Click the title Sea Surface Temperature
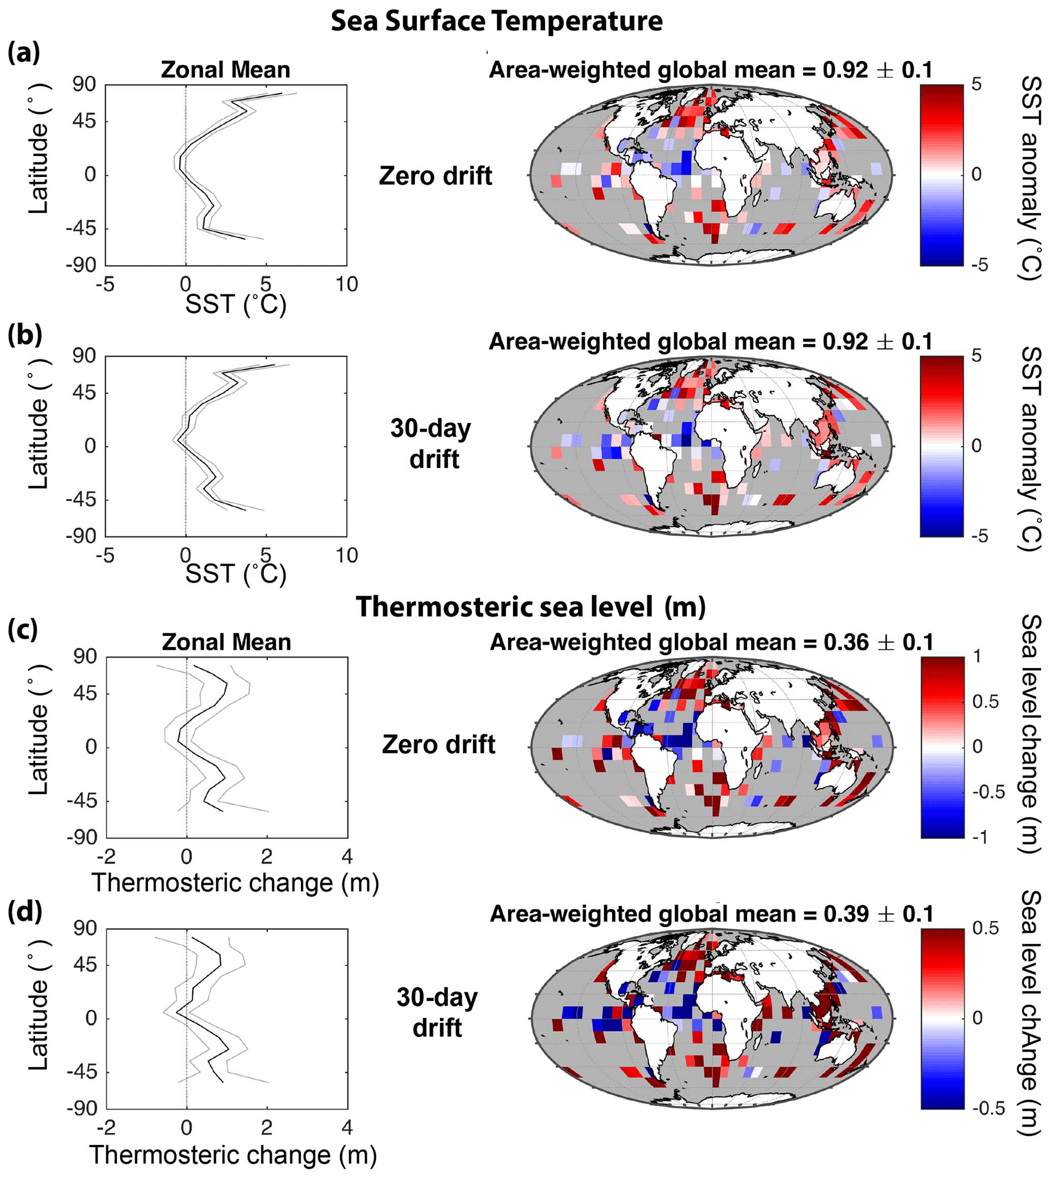[x=497, y=21]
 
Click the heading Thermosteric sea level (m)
[x=531, y=607]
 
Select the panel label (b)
[x=25, y=336]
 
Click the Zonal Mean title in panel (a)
[x=226, y=70]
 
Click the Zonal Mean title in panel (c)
[x=226, y=642]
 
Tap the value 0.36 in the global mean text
[x=846, y=642]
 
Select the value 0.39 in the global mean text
[x=846, y=914]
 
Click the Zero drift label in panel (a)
[x=435, y=175]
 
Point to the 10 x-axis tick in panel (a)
[x=346, y=284]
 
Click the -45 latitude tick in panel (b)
[x=81, y=499]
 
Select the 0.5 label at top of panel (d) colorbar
[x=986, y=928]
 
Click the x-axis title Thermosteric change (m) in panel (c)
[x=235, y=883]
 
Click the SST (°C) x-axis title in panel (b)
[x=235, y=574]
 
